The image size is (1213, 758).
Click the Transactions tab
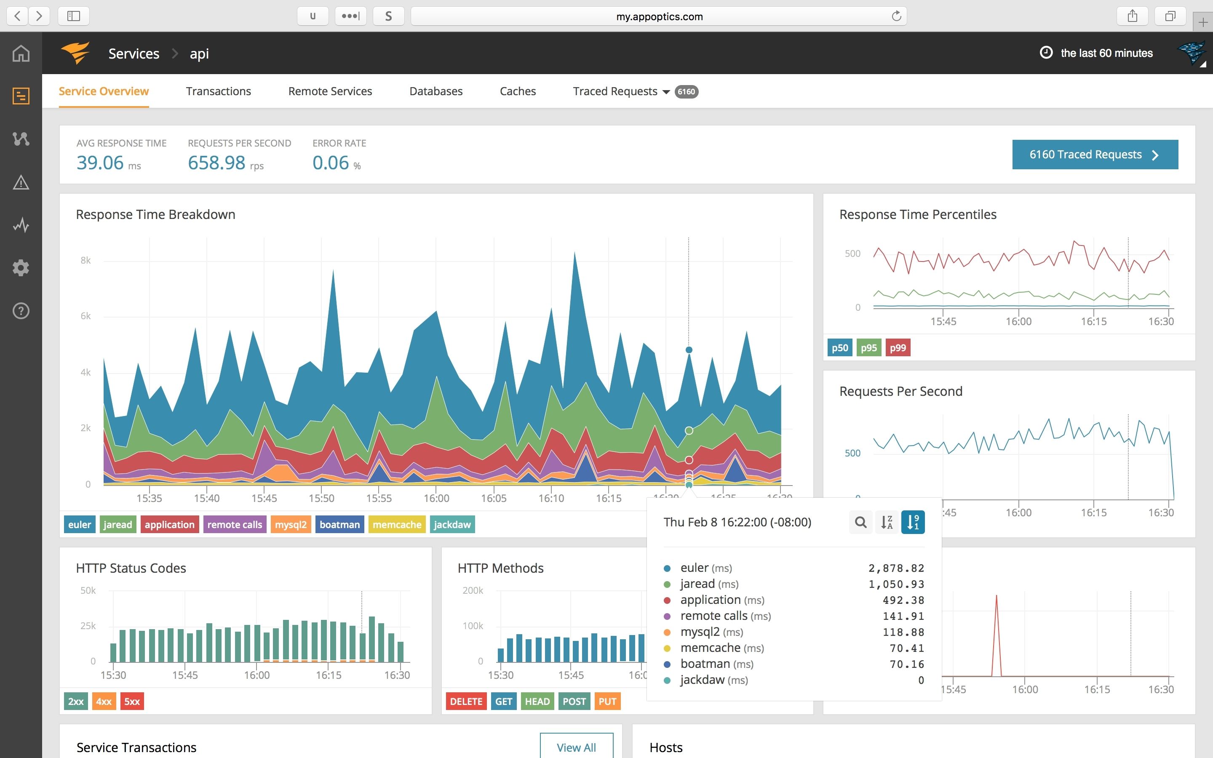tap(218, 91)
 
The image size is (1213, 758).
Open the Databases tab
tap(436, 91)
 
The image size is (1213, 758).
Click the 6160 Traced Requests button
tap(1095, 155)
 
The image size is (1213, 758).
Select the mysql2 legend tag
tap(290, 524)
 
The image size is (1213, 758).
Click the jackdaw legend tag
tap(452, 524)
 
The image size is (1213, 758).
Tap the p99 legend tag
tap(897, 347)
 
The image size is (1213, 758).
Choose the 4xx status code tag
tap(104, 701)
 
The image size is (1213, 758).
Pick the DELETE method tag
tap(466, 701)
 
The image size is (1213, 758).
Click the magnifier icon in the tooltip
tap(860, 522)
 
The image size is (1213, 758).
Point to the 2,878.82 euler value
tap(896, 568)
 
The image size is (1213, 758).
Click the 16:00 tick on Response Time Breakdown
tap(436, 498)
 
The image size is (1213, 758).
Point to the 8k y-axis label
tap(86, 260)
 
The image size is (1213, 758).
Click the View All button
tap(576, 747)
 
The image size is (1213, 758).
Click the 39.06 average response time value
tap(100, 163)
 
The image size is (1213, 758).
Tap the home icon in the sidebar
tap(21, 53)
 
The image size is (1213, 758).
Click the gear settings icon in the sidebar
tap(21, 268)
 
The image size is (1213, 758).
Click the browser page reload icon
tap(896, 16)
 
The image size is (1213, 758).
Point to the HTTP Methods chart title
tap(500, 568)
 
